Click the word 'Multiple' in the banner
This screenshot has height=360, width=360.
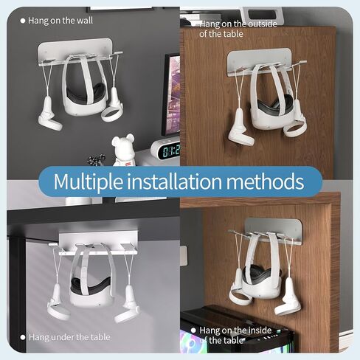click(x=94, y=181)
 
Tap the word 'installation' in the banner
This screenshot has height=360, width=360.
click(x=181, y=181)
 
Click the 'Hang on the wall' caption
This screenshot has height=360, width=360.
click(x=60, y=20)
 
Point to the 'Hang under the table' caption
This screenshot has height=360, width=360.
click(x=69, y=337)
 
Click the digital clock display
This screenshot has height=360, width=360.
click(x=166, y=150)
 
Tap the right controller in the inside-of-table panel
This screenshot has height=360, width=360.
click(x=288, y=298)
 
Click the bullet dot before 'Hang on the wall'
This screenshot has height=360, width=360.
click(x=23, y=20)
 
